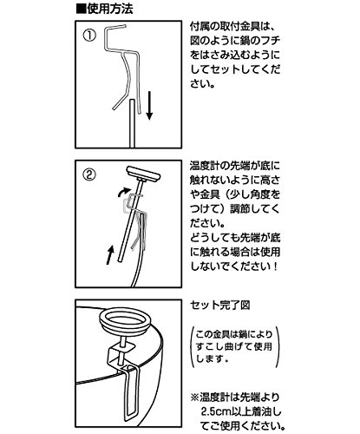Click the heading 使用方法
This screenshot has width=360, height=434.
pos(110,10)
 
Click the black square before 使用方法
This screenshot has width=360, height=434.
pos(82,10)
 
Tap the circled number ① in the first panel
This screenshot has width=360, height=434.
pos(89,36)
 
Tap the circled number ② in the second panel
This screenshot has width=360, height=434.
pos(89,174)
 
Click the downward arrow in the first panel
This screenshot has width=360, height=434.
pos(149,105)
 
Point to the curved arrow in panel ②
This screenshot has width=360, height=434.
pos(123,192)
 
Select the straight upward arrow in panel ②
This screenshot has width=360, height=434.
pos(109,254)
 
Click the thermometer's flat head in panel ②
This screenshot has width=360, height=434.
pos(143,173)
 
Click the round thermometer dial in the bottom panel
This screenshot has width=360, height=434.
pos(125,322)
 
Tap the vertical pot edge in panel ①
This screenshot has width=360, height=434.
pos(132,123)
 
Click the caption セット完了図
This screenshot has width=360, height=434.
pos(220,305)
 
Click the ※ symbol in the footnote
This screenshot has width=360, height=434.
pos(194,398)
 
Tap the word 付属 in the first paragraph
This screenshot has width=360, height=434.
pos(200,27)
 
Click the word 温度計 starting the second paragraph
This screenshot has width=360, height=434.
pos(206,166)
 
